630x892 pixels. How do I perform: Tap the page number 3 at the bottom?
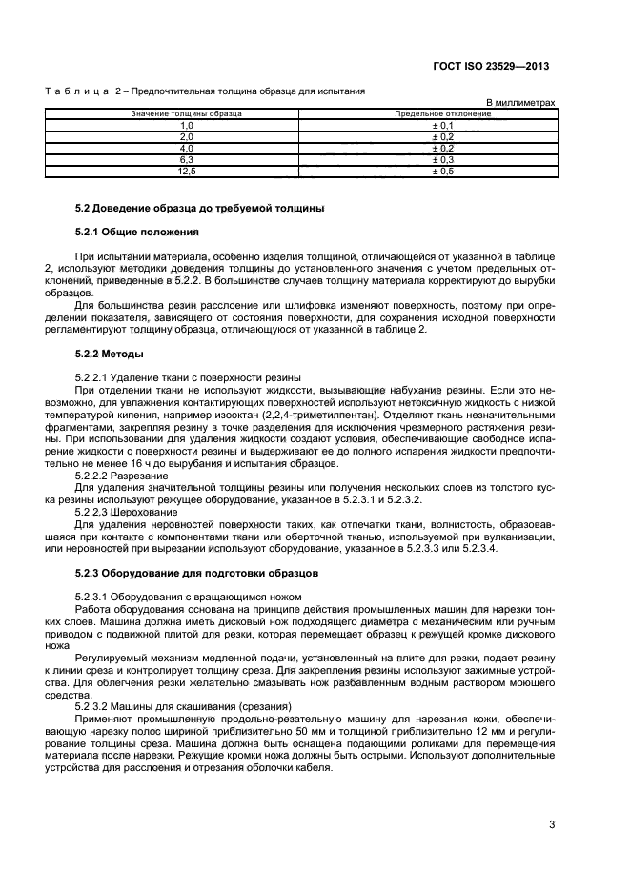click(552, 826)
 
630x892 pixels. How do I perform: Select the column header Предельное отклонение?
click(442, 113)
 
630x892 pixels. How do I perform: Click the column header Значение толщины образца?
click(186, 113)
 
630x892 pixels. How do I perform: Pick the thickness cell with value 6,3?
click(186, 160)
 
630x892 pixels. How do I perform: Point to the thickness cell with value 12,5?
click(186, 172)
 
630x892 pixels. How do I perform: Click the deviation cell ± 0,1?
click(442, 125)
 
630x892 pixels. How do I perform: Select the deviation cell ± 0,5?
click(442, 172)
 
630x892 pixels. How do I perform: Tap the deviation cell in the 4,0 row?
click(442, 149)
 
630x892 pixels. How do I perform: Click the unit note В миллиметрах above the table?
click(520, 102)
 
